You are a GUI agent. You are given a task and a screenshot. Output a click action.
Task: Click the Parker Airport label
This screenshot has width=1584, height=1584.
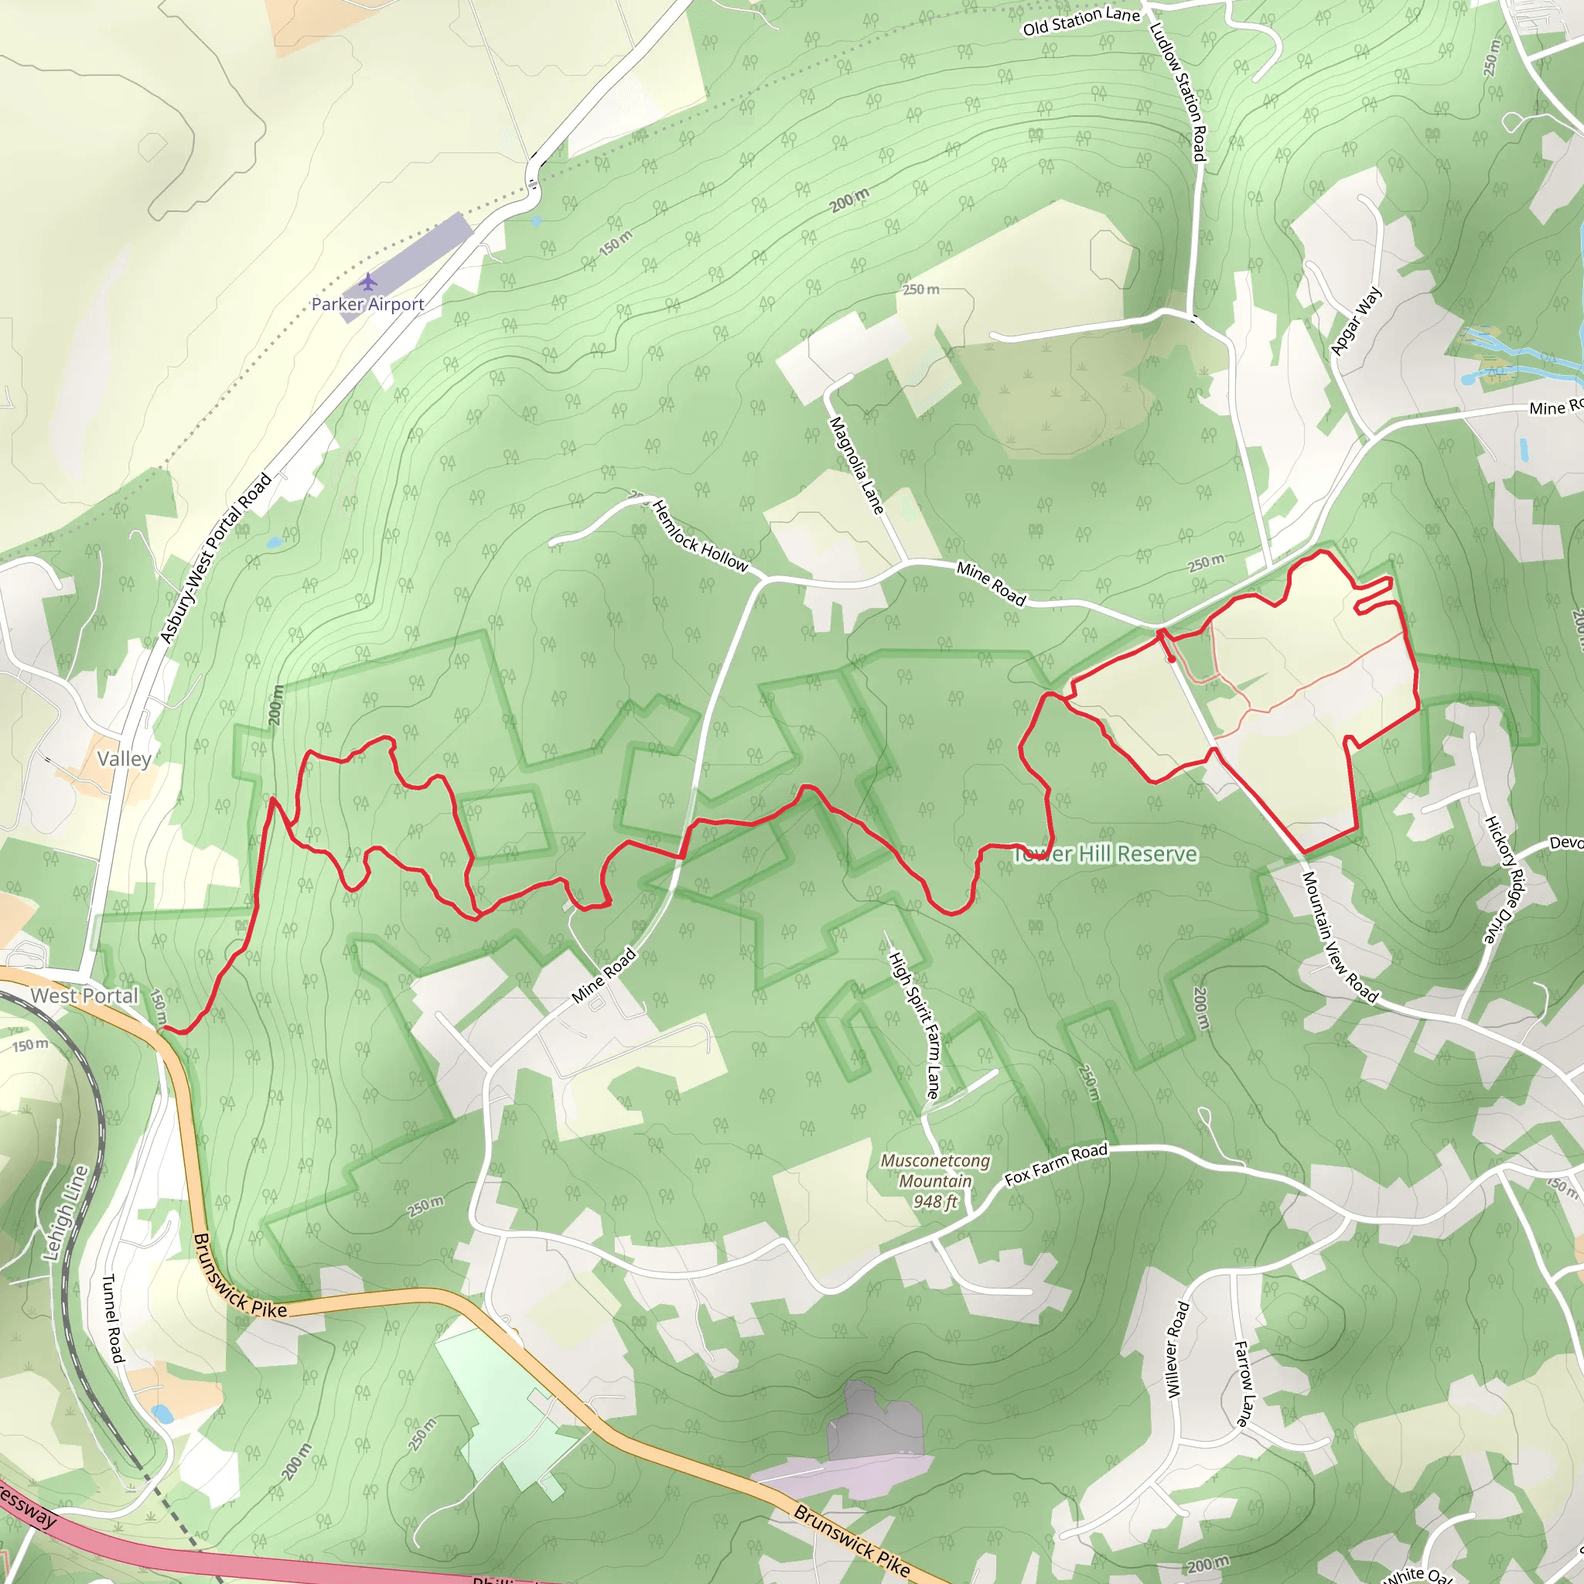tap(367, 304)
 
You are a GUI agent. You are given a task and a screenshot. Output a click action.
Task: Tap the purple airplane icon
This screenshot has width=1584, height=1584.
tap(368, 282)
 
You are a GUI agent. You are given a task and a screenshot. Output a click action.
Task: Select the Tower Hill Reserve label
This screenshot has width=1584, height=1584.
tap(1106, 855)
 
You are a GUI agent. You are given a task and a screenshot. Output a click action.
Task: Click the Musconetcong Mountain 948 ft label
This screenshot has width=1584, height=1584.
tap(934, 1182)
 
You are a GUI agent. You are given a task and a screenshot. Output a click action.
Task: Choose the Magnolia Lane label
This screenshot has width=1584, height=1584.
tap(857, 466)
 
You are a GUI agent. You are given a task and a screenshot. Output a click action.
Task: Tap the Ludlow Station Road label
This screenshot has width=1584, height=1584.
tap(1178, 91)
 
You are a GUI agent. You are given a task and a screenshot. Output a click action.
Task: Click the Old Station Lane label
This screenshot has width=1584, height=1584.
tap(1080, 21)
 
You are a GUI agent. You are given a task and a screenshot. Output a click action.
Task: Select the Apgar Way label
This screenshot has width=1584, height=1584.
tap(1356, 320)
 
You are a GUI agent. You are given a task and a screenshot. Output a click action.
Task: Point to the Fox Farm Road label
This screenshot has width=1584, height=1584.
tap(1056, 1164)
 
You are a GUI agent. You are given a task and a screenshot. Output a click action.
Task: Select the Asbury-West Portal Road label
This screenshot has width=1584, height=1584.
tap(216, 558)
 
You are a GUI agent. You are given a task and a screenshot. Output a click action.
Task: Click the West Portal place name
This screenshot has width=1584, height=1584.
tap(84, 996)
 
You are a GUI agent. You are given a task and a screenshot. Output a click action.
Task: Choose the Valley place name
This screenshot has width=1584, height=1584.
tap(124, 759)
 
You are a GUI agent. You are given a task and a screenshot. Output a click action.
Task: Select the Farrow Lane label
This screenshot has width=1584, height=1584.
tap(1244, 1384)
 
